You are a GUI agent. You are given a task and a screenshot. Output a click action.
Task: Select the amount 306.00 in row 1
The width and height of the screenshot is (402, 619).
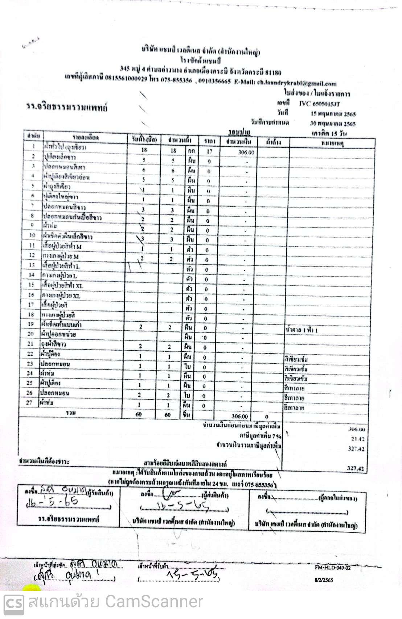click(246, 152)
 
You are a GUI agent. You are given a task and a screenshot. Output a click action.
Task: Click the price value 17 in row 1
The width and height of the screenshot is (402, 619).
click(208, 152)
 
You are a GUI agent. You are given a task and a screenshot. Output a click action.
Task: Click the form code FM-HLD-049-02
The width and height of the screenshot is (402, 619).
click(333, 568)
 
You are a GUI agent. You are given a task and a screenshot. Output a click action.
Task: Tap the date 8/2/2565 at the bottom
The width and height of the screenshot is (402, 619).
click(324, 580)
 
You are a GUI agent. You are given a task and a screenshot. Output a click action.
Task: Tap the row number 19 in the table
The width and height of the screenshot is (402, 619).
click(30, 324)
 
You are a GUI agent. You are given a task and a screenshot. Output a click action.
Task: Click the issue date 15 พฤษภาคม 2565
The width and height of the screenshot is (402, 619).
click(330, 114)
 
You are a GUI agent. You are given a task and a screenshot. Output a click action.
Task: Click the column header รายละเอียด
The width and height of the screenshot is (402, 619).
click(85, 138)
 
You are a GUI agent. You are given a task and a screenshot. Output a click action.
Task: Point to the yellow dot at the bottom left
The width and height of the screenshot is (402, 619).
click(28, 589)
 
